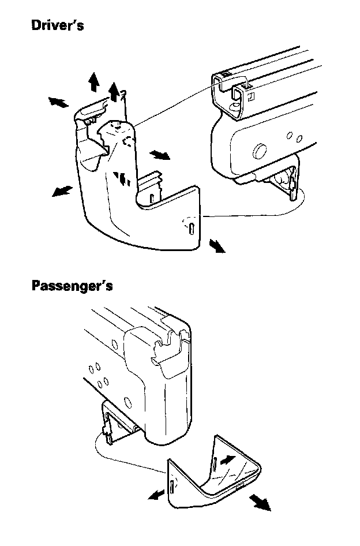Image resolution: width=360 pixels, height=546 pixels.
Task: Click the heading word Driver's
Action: [57, 26]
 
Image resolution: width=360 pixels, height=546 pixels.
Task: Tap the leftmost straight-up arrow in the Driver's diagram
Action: [93, 83]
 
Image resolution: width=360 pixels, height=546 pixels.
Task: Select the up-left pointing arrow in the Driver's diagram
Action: [58, 102]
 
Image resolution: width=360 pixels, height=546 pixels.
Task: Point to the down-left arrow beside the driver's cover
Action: [61, 190]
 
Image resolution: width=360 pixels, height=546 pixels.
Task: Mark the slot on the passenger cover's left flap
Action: [171, 487]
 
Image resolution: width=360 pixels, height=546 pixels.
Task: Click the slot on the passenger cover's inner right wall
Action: [214, 462]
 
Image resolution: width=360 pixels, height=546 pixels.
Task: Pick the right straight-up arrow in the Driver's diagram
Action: [115, 90]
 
